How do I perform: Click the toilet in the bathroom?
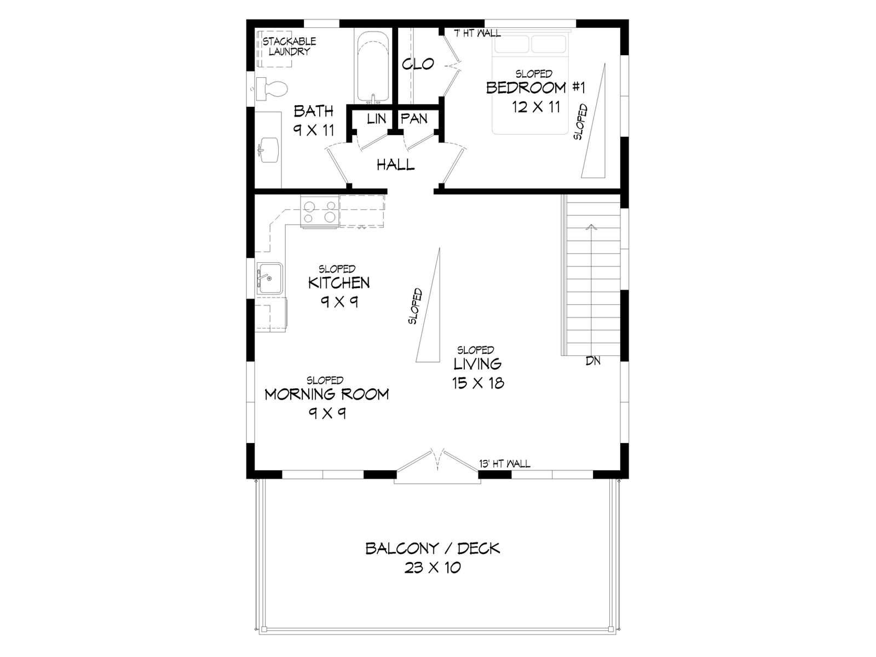tap(272, 89)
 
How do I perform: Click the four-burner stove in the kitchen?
tap(320, 211)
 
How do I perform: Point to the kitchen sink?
tap(269, 278)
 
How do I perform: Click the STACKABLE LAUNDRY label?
tap(289, 47)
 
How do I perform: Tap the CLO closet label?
tap(417, 64)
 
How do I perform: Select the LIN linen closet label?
tap(376, 118)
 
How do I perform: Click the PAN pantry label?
tap(414, 118)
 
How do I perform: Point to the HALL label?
tap(395, 164)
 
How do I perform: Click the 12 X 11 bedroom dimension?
tap(536, 107)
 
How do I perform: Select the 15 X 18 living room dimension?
tap(478, 383)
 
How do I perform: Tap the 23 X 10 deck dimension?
tap(433, 567)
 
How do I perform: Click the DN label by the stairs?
tap(593, 361)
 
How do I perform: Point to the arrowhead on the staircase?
tap(591, 227)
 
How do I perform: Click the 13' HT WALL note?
tap(504, 464)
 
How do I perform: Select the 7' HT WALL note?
tap(477, 33)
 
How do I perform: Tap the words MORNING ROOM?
tap(327, 395)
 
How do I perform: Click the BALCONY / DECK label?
tap(433, 549)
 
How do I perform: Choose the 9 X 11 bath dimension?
tap(314, 130)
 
